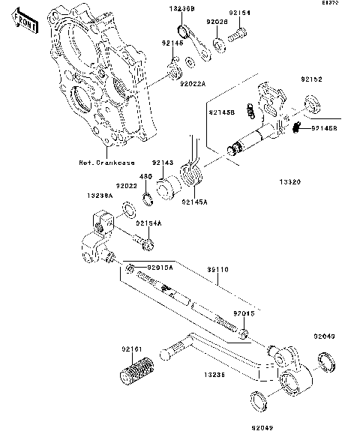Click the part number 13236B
coord(183,7)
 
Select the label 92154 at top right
coord(239,13)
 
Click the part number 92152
coord(312,79)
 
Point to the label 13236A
coord(99,194)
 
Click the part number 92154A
coord(148,223)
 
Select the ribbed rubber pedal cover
coord(136,372)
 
